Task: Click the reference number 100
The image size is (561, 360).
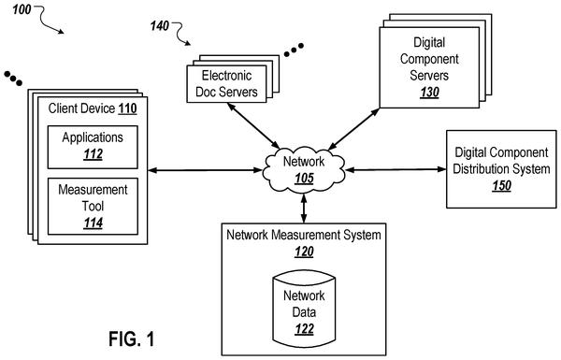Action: [x=22, y=9]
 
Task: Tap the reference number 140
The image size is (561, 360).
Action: [x=160, y=26]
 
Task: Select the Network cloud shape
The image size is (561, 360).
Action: [x=304, y=170]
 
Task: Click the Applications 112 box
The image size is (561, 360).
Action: [x=93, y=147]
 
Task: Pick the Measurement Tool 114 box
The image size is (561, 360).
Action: [x=93, y=207]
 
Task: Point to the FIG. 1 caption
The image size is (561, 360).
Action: [x=132, y=338]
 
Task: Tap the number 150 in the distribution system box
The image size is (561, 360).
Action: [x=501, y=186]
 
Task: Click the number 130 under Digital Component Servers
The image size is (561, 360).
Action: [x=429, y=93]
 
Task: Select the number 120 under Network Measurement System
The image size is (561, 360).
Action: [x=304, y=252]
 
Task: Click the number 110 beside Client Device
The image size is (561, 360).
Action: [x=127, y=108]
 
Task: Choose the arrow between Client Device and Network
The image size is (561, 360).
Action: [x=205, y=170]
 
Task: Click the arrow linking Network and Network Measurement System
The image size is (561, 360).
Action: [x=304, y=209]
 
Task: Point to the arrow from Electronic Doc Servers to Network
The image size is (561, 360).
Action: [x=253, y=125]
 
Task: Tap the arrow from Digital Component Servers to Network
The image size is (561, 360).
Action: [x=353, y=129]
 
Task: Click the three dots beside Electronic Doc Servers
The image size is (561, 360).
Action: [x=294, y=50]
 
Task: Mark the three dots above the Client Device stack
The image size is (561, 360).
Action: [x=13, y=79]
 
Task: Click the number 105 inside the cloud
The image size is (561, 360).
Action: [x=304, y=179]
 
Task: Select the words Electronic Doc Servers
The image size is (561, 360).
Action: [x=226, y=84]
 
